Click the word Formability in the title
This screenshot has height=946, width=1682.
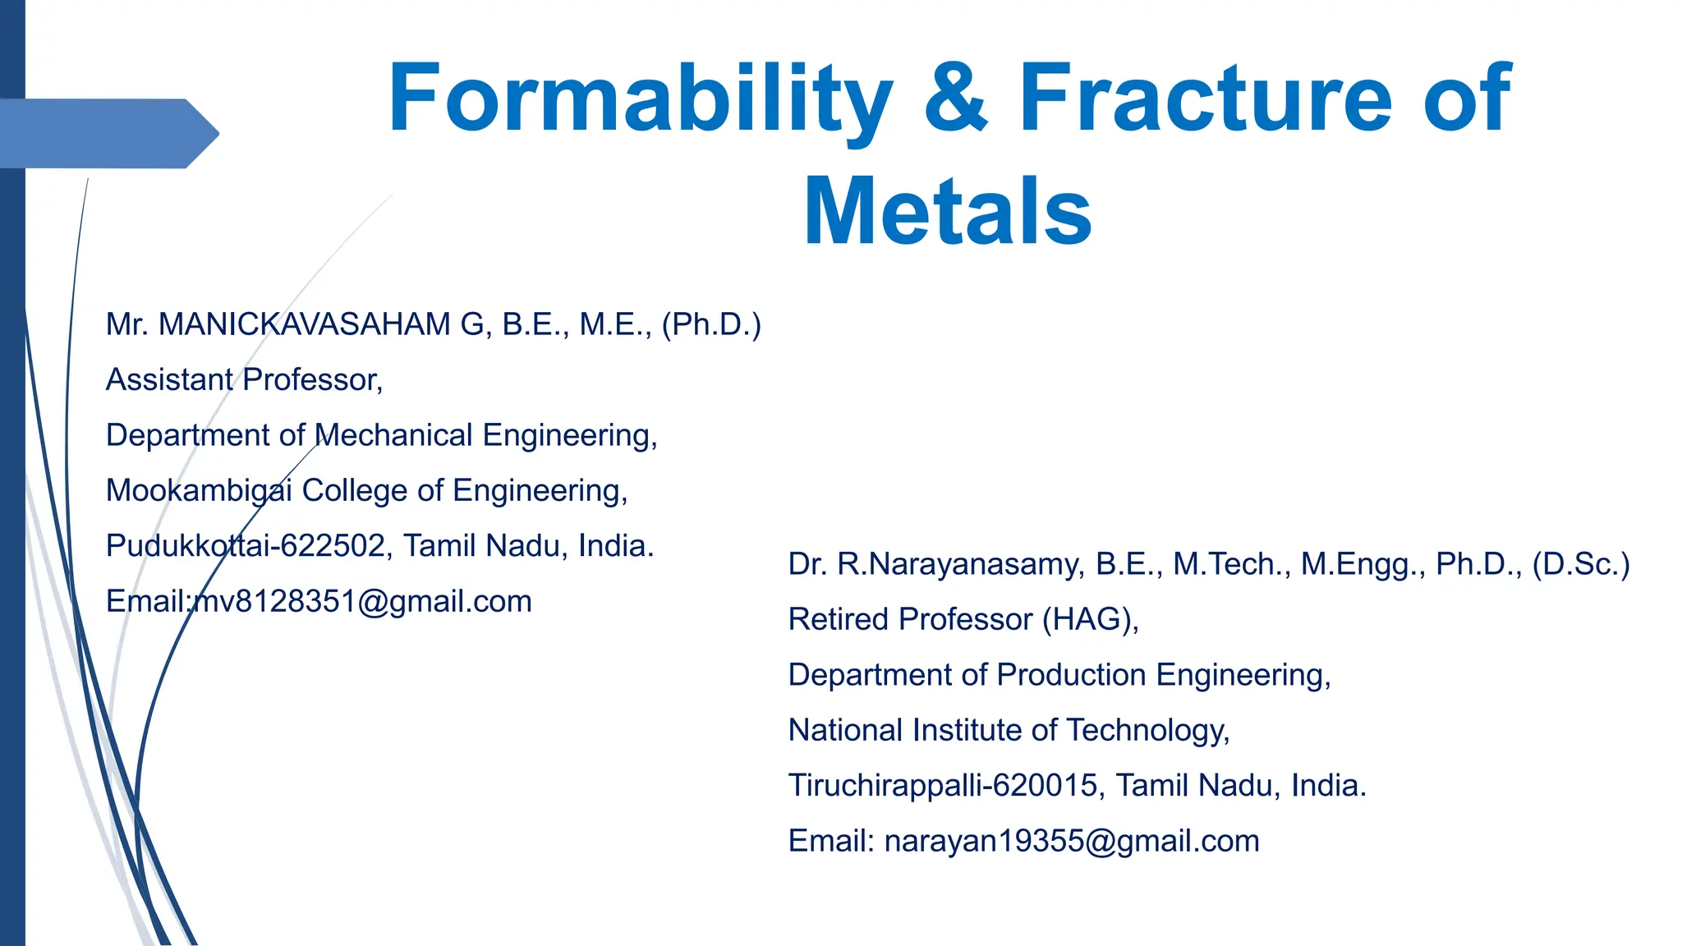click(x=641, y=99)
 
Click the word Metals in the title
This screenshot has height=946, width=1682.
click(x=948, y=212)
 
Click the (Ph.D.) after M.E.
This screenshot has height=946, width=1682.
click(x=711, y=324)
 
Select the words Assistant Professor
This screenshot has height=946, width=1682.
click(x=244, y=379)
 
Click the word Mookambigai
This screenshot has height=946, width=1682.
click(x=199, y=490)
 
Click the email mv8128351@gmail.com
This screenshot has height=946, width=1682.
click(x=361, y=602)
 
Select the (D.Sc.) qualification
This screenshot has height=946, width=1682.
click(x=1581, y=564)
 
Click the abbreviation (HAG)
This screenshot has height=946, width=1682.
click(x=1090, y=619)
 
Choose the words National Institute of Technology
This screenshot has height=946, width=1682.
click(x=1009, y=730)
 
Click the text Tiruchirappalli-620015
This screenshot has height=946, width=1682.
click(x=943, y=786)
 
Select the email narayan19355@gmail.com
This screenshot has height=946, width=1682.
click(x=1072, y=841)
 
